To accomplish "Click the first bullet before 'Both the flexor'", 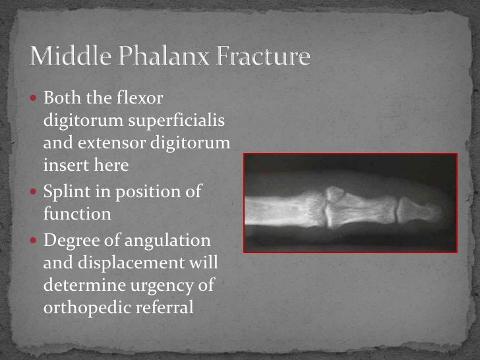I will pyautogui.click(x=36, y=99).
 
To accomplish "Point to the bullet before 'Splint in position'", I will pyautogui.click(x=36, y=192).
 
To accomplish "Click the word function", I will pyautogui.click(x=77, y=215).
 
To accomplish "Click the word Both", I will pyautogui.click(x=60, y=99).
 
